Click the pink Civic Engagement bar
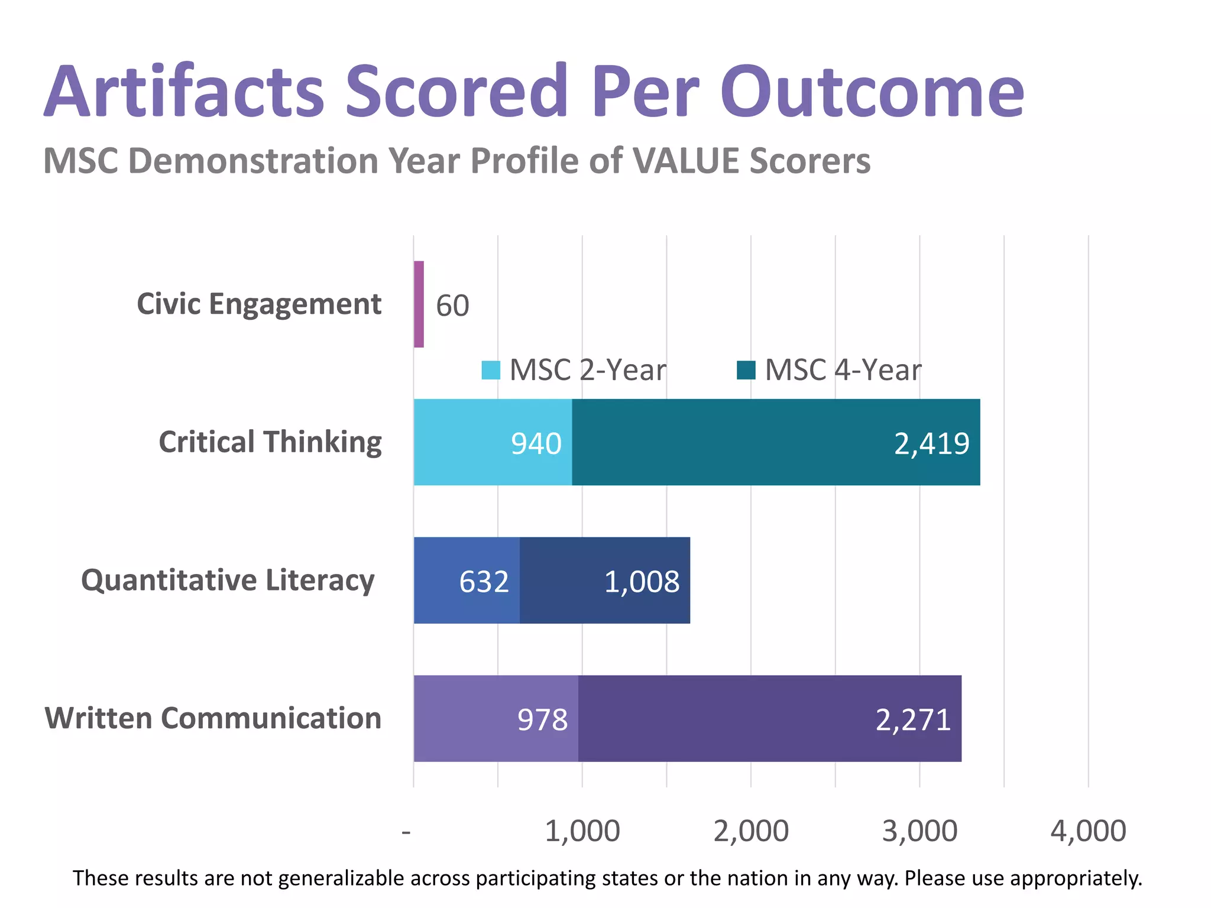(x=419, y=304)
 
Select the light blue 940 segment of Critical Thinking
(x=493, y=442)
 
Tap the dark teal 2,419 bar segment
(x=776, y=442)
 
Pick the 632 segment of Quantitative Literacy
(x=467, y=581)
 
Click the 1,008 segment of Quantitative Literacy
(x=605, y=581)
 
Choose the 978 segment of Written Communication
(x=496, y=718)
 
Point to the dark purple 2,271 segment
(x=769, y=718)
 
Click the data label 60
(x=452, y=306)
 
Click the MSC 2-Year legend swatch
(x=491, y=371)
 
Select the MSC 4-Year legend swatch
(x=746, y=371)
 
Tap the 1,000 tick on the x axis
(x=582, y=831)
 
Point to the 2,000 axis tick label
(x=750, y=831)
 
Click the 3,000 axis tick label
(x=919, y=831)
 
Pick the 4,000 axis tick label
(x=1088, y=831)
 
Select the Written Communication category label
(x=213, y=718)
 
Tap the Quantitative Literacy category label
(x=228, y=581)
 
